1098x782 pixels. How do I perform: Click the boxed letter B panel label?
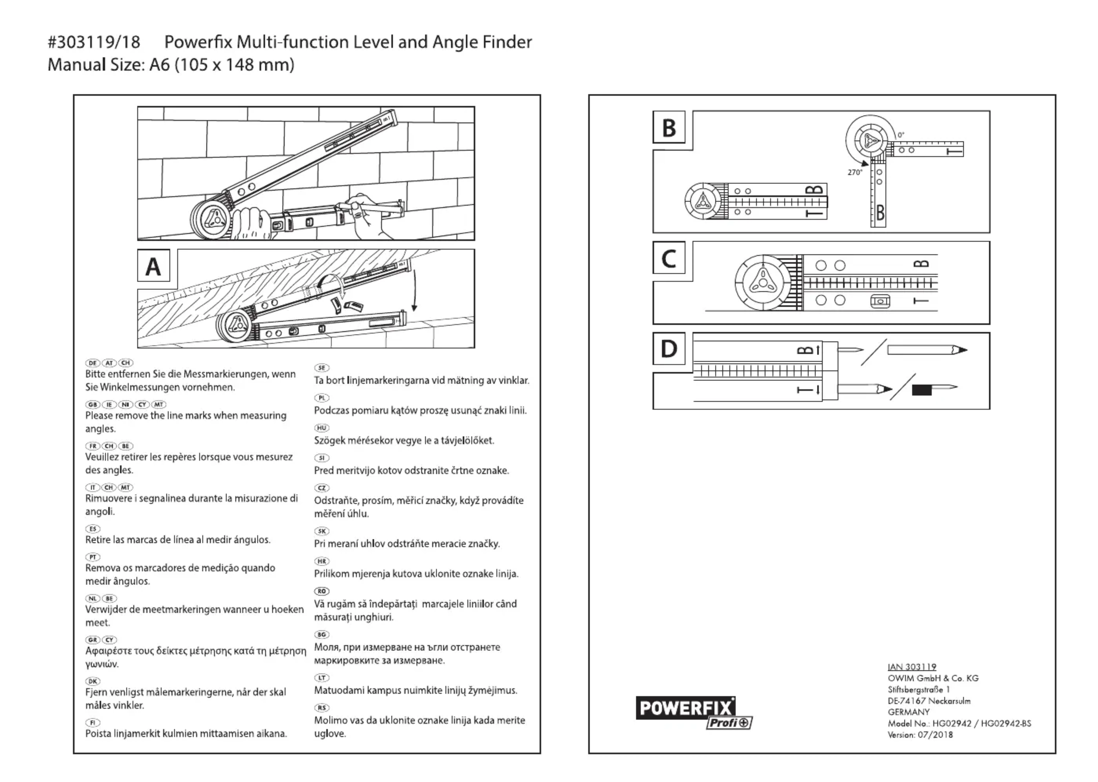(x=669, y=127)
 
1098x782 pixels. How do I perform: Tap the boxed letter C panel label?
(x=669, y=259)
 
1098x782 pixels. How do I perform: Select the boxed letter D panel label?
(x=669, y=349)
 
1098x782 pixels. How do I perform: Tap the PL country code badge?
(x=322, y=398)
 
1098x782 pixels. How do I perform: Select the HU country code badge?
(x=322, y=428)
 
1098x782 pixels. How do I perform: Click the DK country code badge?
(x=93, y=681)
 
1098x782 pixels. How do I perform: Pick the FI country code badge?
(x=93, y=722)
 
